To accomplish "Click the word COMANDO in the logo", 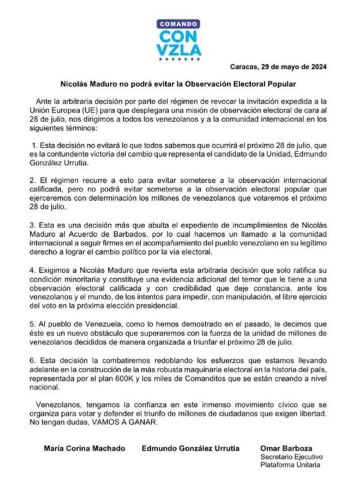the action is pyautogui.click(x=179, y=23).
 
